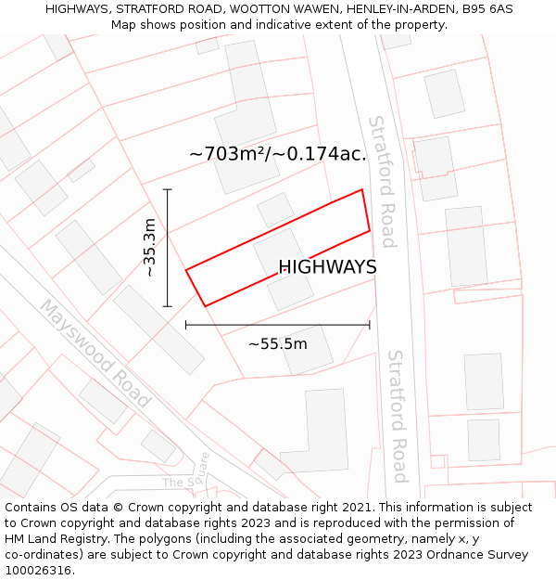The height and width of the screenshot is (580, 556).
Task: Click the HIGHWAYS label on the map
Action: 327,267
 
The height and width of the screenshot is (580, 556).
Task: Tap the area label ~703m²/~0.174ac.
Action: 278,154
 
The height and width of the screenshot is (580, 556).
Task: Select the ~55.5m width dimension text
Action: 278,344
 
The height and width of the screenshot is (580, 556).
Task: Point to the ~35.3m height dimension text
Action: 149,248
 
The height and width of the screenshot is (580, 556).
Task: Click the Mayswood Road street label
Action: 95,354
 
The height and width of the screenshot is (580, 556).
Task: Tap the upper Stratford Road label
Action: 382,182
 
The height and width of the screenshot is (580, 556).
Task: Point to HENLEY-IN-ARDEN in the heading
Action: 385,8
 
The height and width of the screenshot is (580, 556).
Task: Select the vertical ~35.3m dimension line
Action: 167,248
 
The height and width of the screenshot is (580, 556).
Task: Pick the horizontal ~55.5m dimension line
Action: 278,325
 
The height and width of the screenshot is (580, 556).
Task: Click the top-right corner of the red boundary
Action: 361,190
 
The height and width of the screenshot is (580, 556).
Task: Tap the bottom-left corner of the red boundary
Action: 204,305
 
